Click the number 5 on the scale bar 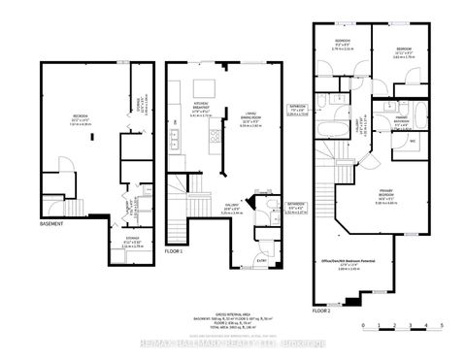(442, 326)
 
